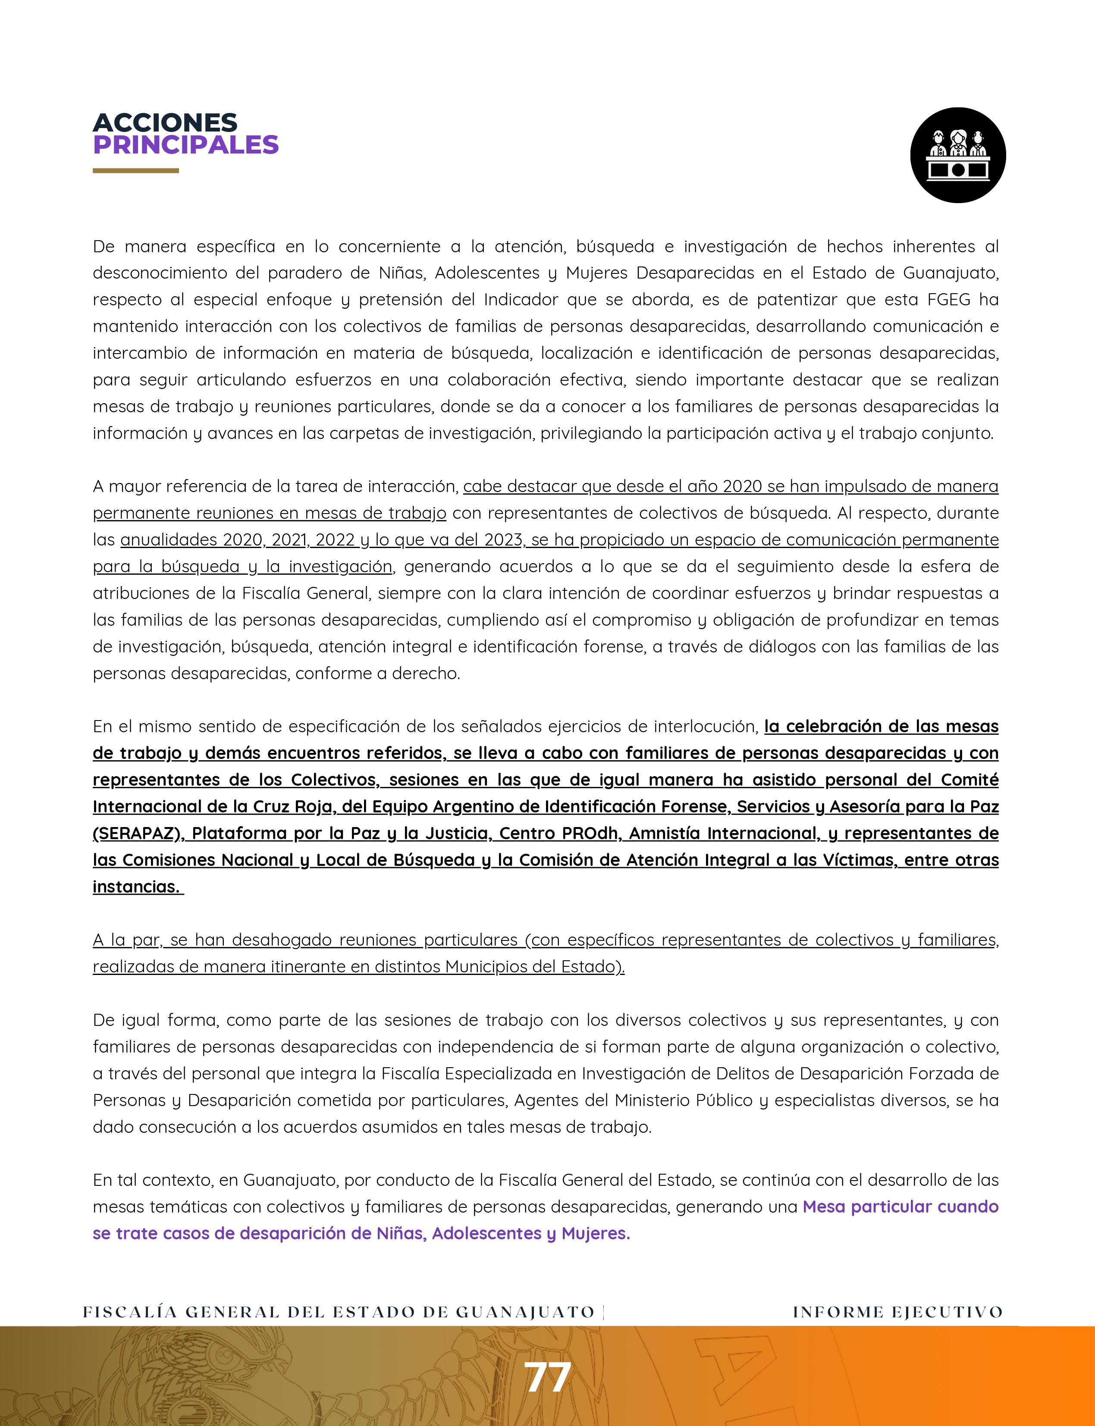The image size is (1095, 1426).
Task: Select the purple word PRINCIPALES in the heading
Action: click(x=186, y=145)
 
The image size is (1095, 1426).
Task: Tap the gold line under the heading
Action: click(x=135, y=171)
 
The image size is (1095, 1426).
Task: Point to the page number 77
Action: click(x=548, y=1377)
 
